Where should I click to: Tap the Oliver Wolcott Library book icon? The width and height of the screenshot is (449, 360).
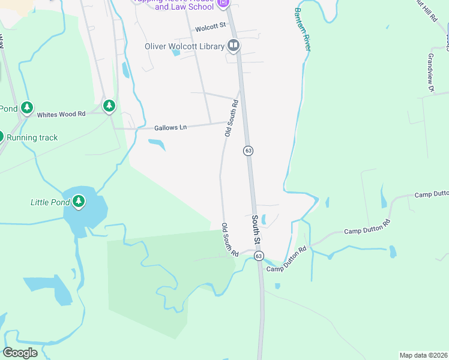click(233, 46)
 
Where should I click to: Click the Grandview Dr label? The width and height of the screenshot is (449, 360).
click(429, 72)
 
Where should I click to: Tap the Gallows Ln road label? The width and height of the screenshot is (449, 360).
click(170, 127)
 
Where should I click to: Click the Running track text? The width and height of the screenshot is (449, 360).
click(32, 137)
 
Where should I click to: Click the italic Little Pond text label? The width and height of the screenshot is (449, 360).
click(50, 202)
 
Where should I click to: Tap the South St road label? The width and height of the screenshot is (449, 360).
click(256, 230)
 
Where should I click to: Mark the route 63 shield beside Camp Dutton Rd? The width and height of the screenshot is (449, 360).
click(259, 256)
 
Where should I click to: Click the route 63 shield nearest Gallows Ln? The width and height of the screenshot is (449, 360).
click(248, 150)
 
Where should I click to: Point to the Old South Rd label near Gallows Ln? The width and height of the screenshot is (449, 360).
click(231, 118)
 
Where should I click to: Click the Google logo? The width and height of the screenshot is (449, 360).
click(20, 352)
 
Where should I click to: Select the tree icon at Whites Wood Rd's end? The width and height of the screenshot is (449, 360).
click(109, 107)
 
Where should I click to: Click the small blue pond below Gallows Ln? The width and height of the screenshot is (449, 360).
click(157, 144)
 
